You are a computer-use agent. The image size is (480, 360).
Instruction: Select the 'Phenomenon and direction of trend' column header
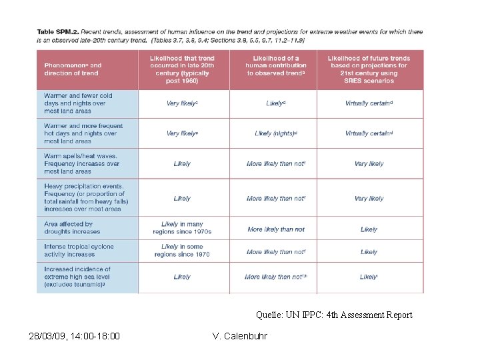(x=73, y=69)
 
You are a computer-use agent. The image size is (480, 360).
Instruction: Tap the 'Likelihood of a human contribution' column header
(x=276, y=66)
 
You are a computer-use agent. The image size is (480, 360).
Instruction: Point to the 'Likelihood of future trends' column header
(x=369, y=69)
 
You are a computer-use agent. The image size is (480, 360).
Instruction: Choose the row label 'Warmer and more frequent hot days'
(x=83, y=133)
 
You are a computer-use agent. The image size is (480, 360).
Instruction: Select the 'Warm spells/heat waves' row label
(x=81, y=163)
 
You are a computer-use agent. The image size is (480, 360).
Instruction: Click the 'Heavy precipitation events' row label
(x=86, y=197)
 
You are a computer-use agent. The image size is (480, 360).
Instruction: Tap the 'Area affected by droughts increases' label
(x=72, y=228)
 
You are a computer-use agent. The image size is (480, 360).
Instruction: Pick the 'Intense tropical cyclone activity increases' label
(x=79, y=251)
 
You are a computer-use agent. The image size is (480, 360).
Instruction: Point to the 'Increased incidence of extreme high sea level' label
(x=77, y=277)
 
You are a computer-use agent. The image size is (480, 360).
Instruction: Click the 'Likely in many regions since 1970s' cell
(x=182, y=228)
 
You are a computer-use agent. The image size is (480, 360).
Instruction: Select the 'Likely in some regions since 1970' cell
(x=182, y=251)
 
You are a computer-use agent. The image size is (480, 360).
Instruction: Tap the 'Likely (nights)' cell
(x=275, y=133)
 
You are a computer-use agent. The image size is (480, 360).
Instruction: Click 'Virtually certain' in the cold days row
(x=369, y=103)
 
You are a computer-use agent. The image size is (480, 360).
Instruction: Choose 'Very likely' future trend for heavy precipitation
(x=369, y=199)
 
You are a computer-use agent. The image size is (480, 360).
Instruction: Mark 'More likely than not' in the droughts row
(x=275, y=229)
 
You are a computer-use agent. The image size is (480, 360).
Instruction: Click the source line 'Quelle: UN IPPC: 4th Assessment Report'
(x=334, y=315)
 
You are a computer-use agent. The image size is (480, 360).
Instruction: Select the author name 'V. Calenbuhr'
(x=239, y=336)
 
